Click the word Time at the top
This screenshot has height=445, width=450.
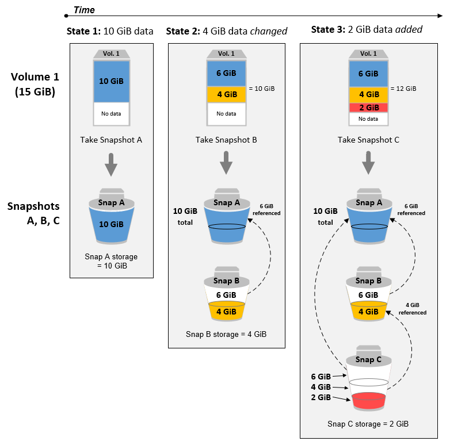(x=84, y=10)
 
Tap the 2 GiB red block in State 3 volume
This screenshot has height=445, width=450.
(x=368, y=108)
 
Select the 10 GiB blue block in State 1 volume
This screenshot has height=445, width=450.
(x=111, y=81)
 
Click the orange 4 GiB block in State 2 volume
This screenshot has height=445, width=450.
(x=226, y=94)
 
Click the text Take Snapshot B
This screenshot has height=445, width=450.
(x=226, y=140)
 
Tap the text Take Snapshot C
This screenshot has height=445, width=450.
(x=368, y=140)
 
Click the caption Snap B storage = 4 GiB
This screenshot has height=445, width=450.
(x=226, y=333)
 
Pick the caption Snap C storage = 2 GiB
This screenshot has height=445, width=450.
(x=368, y=424)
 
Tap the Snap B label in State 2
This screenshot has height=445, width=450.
(x=226, y=281)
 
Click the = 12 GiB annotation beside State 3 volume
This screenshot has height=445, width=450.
(x=403, y=89)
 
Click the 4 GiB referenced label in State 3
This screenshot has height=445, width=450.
(x=415, y=309)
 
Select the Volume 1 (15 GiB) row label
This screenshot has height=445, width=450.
(x=35, y=84)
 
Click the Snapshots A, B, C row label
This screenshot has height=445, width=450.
(x=35, y=213)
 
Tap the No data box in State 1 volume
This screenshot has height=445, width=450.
(x=111, y=114)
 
